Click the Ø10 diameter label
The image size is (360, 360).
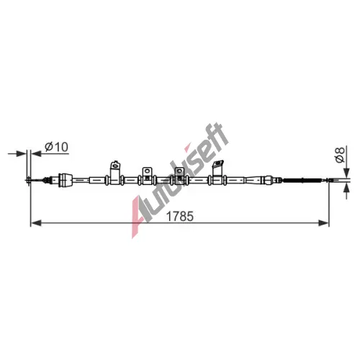(56, 147)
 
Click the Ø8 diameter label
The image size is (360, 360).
(340, 155)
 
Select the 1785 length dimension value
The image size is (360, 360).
(180, 216)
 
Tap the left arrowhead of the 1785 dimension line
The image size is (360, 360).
(36, 223)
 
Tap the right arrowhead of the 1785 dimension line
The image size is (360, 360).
(323, 223)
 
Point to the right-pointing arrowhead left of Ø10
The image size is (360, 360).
(21, 153)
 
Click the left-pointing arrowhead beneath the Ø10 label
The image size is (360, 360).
(37, 153)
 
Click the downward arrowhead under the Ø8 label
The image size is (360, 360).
(346, 173)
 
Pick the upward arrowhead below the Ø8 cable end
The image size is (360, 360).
(346, 189)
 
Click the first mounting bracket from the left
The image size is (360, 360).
(115, 172)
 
